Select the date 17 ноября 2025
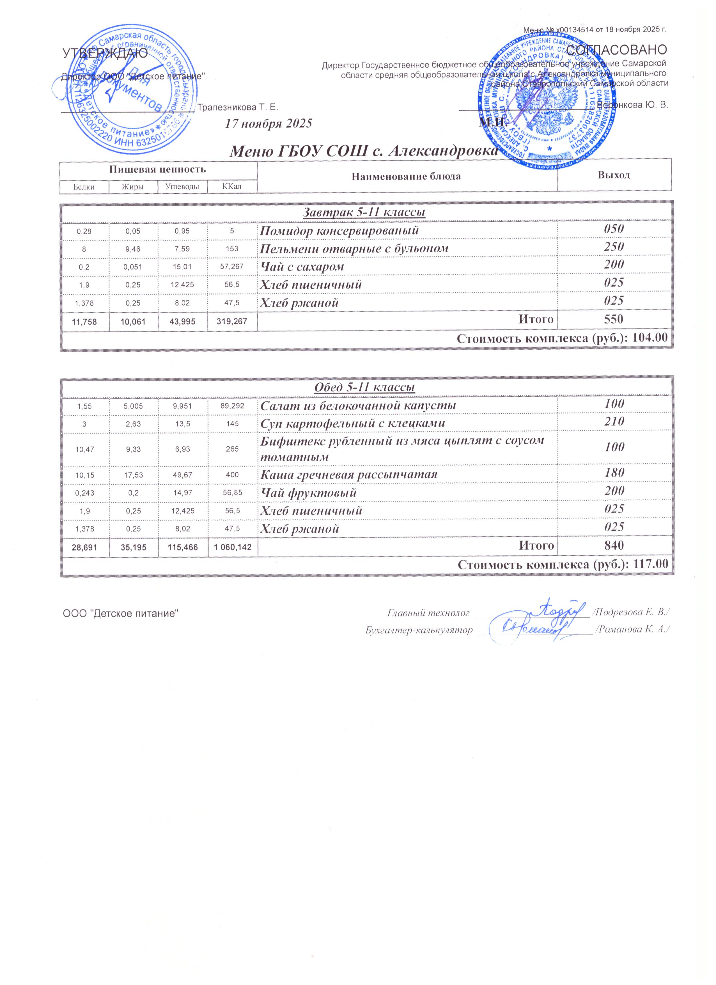click(268, 124)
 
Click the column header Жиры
click(133, 187)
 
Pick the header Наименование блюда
click(407, 176)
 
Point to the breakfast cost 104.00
click(650, 339)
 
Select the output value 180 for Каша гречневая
click(614, 473)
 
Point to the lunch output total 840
click(614, 546)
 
